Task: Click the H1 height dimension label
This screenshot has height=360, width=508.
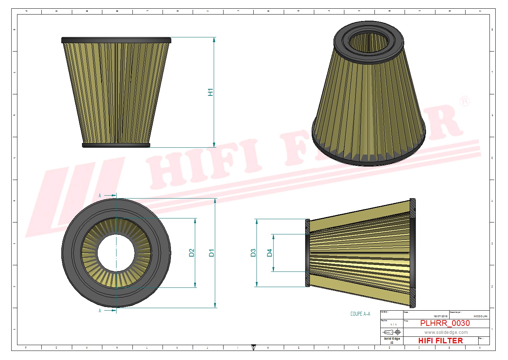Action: point(210,92)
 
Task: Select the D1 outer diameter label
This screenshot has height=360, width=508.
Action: point(212,253)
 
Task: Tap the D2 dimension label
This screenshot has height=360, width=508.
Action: point(192,253)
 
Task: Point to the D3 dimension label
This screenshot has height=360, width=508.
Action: point(253,253)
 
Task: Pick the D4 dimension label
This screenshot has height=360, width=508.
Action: point(269,253)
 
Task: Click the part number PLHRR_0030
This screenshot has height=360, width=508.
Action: point(445,323)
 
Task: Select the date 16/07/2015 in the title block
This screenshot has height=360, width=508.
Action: point(441,316)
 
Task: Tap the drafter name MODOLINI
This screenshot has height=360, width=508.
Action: point(480,316)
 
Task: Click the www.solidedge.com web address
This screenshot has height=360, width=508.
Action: point(446,332)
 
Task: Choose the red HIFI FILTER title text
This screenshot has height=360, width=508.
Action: point(441,341)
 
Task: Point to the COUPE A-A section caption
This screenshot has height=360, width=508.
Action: point(360,314)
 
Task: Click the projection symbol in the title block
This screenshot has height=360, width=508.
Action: point(392,332)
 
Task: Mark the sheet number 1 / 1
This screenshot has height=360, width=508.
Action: point(393,324)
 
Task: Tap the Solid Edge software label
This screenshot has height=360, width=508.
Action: point(392,339)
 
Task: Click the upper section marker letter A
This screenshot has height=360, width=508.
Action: point(100,196)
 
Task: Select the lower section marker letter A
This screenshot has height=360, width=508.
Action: point(100,311)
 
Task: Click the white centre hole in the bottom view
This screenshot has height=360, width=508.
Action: point(116,253)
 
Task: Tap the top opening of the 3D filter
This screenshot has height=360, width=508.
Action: point(369,42)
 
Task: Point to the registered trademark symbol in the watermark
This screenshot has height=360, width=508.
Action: point(465,101)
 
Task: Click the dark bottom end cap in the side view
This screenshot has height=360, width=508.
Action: point(116,145)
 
